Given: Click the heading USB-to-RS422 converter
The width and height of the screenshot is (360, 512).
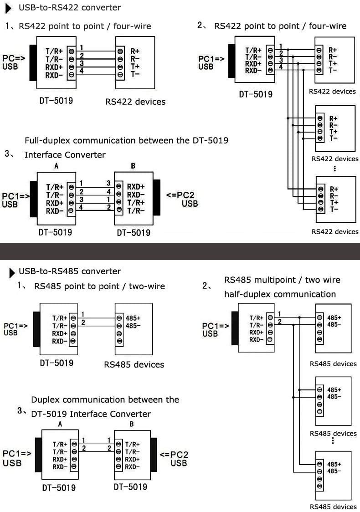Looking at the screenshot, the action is click(70, 7).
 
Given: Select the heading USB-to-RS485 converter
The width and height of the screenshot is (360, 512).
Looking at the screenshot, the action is click(70, 271).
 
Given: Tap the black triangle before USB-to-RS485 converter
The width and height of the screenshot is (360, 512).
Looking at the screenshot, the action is click(12, 273).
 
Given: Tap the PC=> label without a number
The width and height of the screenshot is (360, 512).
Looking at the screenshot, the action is click(14, 58).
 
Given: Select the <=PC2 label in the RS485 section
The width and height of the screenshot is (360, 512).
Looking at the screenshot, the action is click(174, 455).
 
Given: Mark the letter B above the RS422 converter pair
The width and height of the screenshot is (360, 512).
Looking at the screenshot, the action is click(133, 166).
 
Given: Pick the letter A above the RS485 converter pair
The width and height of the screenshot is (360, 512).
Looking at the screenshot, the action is click(60, 424).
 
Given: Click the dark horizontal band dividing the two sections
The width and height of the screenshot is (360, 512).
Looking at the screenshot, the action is click(180, 251).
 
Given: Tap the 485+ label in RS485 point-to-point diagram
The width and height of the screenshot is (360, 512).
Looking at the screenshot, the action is click(133, 318).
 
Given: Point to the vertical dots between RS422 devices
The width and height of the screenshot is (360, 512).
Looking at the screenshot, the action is click(334, 169).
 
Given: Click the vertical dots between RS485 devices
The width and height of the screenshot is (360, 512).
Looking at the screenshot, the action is click(333, 440).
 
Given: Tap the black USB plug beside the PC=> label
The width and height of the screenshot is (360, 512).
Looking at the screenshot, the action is click(33, 62).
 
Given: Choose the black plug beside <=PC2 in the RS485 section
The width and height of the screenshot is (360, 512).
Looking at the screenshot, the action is click(154, 455).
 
